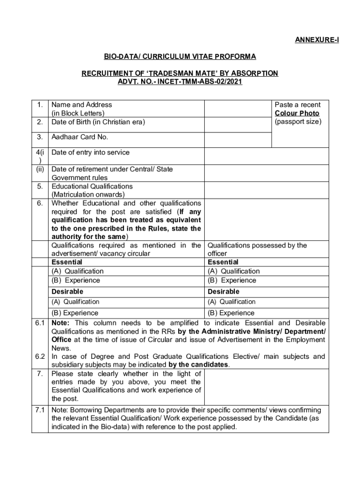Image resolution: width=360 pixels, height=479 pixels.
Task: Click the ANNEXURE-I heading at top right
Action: pos(317,40)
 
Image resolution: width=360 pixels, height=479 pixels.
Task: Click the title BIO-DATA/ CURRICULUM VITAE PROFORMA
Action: pos(180,57)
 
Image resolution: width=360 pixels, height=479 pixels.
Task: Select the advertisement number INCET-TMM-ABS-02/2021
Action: pos(200,82)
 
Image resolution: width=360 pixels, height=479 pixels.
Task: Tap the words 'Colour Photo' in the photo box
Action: pos(297,113)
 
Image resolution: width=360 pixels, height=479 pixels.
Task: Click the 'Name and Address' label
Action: pos(81,105)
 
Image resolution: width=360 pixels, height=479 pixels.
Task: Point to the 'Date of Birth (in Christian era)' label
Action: pos(98,122)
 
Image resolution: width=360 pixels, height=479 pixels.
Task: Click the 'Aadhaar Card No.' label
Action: pos(79,137)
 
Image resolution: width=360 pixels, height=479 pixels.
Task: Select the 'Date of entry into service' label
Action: pos(90,152)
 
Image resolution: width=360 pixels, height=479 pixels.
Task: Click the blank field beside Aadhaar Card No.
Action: pos(238,138)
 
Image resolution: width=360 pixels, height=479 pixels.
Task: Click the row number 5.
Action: pos(40,186)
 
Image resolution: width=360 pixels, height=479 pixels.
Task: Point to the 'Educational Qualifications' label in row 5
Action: pos(92,186)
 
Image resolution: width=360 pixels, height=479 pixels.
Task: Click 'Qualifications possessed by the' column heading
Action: pos(257,245)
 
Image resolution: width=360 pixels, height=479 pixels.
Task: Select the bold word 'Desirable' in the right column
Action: pos(223,291)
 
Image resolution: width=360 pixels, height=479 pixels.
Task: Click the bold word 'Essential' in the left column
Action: pos(66,262)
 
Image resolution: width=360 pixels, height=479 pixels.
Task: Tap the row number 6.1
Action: pos(40,323)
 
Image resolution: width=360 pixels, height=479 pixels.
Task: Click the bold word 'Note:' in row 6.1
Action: pos(61,323)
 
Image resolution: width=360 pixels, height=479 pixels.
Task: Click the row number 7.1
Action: pos(40,410)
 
